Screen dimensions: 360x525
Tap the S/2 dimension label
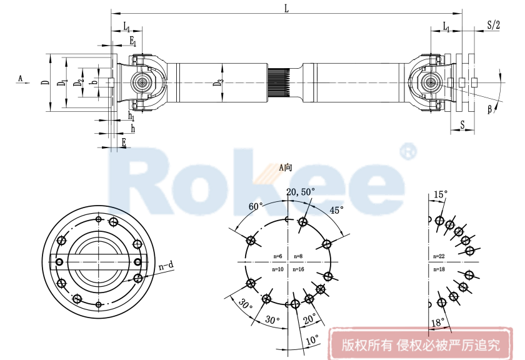(x=493, y=25)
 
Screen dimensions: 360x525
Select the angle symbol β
(x=491, y=110)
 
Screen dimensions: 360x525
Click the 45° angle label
(x=337, y=211)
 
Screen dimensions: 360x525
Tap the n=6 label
(x=278, y=256)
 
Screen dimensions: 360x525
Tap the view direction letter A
(x=20, y=78)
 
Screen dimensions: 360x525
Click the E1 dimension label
(x=132, y=41)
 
